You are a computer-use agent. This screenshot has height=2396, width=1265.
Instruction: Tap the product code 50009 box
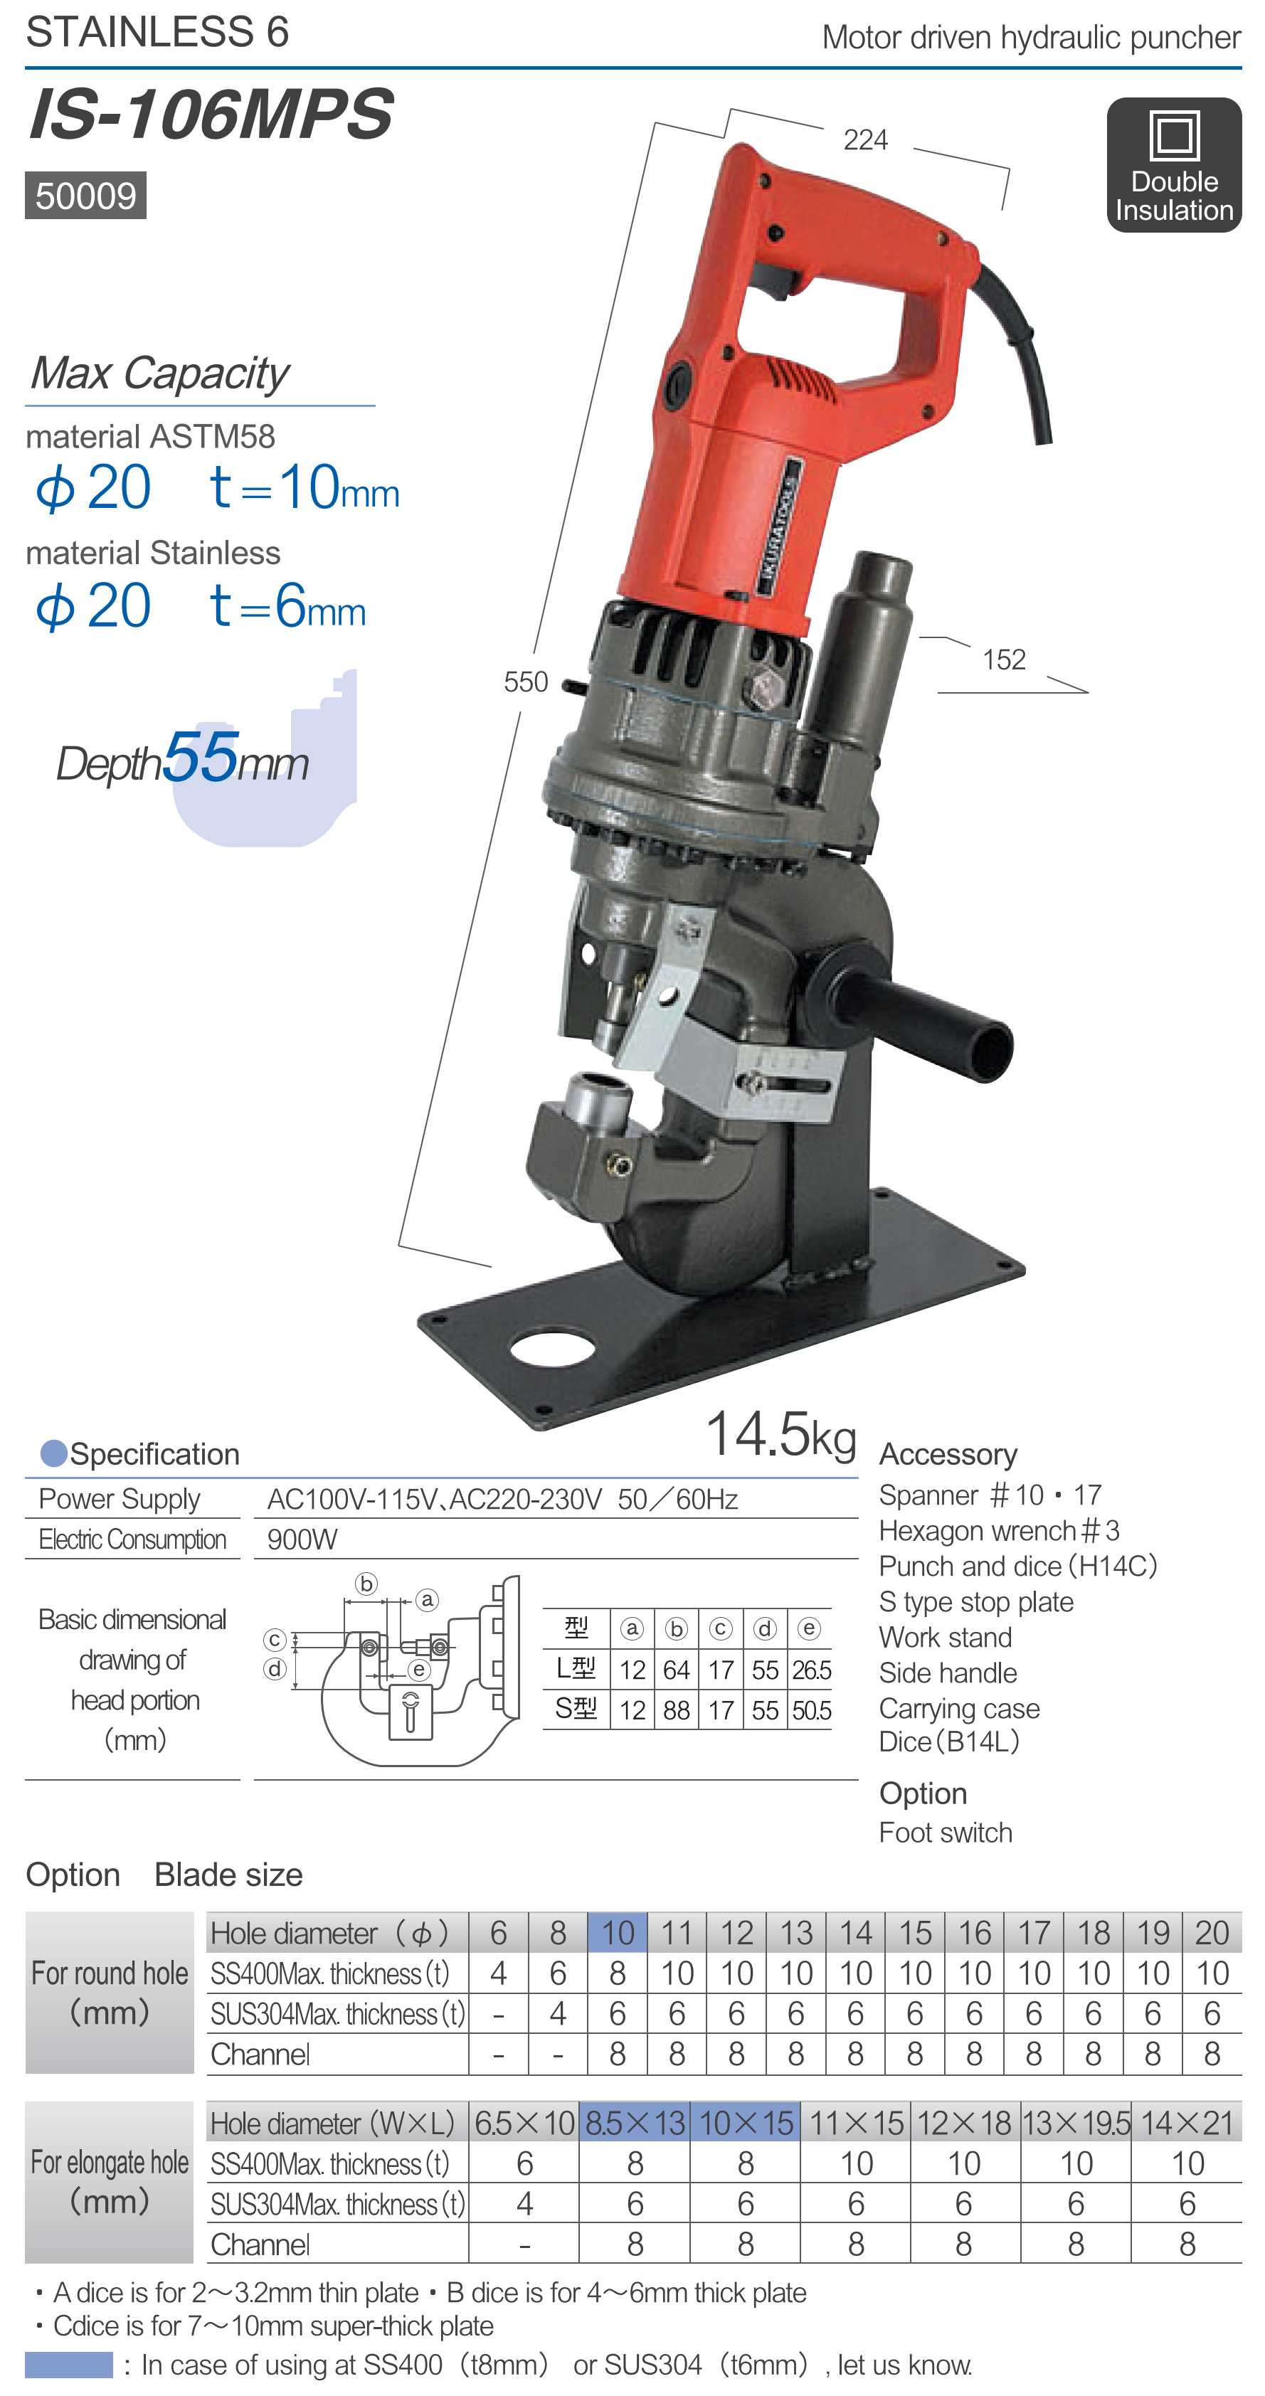point(85,196)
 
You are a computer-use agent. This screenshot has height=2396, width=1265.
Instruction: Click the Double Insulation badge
point(1174,164)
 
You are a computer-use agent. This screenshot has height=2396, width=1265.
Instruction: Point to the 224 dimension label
point(865,139)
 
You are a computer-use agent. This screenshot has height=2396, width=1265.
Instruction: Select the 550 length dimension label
point(526,682)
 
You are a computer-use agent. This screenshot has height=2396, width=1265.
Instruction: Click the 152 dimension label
point(1004,659)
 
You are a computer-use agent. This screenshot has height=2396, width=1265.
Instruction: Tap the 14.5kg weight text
point(780,1433)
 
